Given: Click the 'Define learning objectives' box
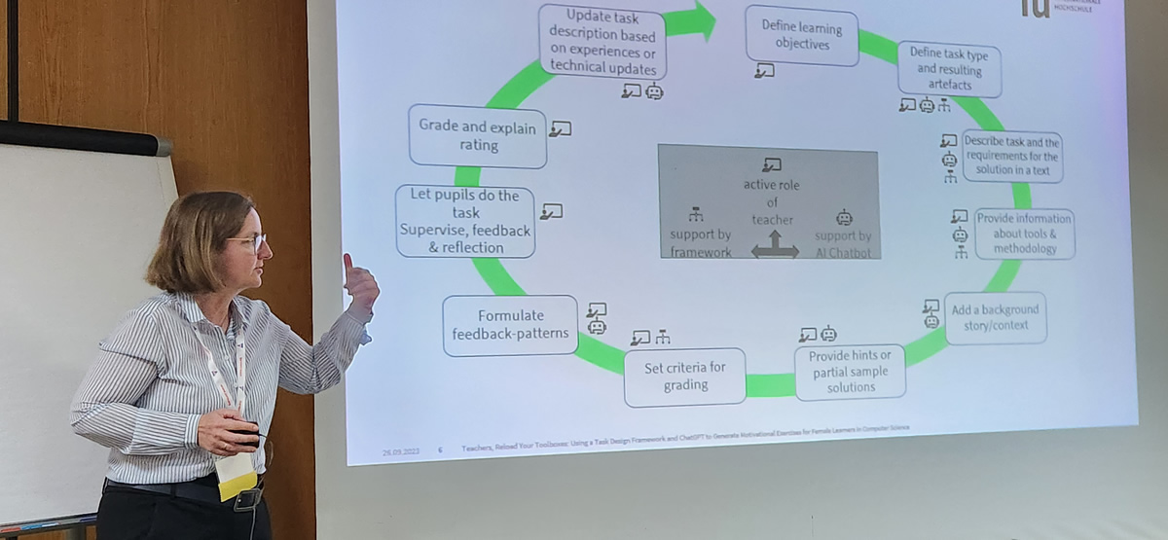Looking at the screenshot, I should coord(802,36).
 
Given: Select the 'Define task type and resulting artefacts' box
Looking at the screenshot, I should coord(948,69).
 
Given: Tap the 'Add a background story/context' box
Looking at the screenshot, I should coord(994,317).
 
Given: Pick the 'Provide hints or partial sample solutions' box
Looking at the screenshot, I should coord(850,371).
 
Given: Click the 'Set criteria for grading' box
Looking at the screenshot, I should coord(684,377).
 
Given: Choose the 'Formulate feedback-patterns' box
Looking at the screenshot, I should coord(510,325).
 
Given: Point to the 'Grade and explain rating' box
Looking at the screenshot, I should coord(477,135).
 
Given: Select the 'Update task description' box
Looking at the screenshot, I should coord(602,41).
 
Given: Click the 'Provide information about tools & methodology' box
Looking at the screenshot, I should coord(1024,234).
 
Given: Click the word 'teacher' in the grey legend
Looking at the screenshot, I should coord(772,220).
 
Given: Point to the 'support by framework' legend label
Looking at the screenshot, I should coord(700,243).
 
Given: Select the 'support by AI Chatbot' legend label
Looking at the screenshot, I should coord(844,243).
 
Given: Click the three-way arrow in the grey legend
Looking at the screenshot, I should coord(775,245).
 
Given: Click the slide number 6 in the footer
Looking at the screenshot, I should coord(440,450).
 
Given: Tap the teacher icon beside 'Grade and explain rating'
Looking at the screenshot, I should coord(560,128).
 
